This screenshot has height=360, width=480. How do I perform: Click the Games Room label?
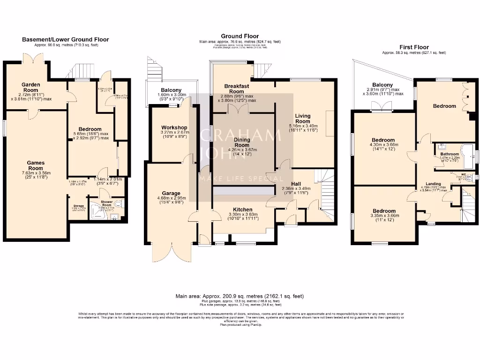point(35,165)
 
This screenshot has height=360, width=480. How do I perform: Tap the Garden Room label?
point(30,88)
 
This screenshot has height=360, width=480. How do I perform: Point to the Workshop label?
point(174,127)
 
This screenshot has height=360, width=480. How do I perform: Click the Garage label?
point(171,193)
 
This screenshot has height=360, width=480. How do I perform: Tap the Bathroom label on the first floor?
point(449,154)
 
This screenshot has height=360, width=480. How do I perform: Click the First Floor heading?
point(414,47)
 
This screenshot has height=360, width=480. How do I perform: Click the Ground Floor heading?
point(240,36)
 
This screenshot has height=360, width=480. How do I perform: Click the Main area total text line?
point(240,296)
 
